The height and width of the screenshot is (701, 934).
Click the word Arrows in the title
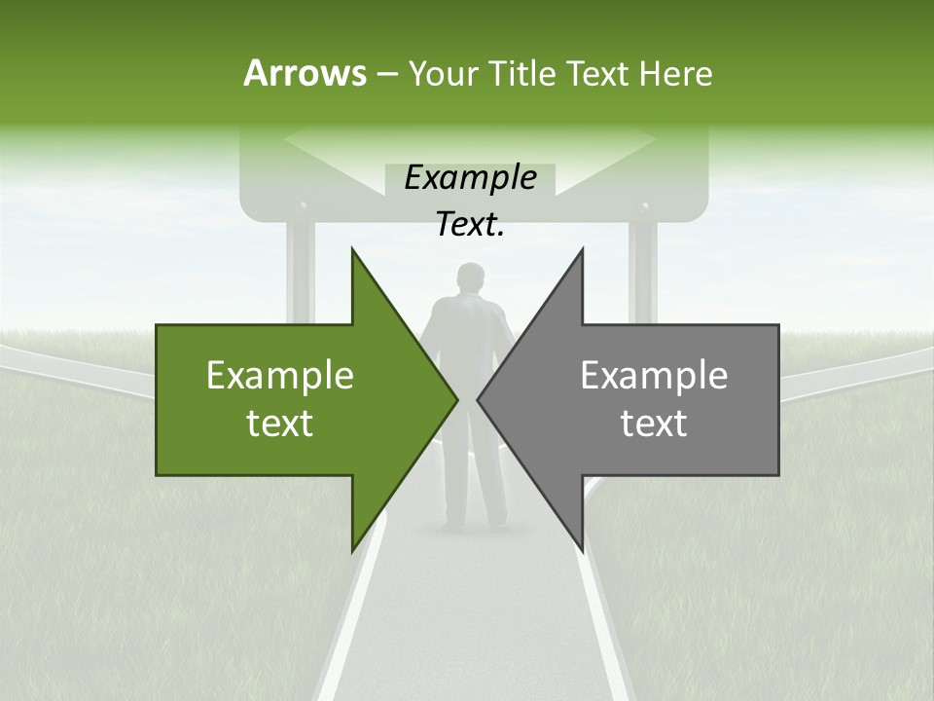[x=304, y=73]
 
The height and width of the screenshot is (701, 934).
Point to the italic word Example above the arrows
[x=470, y=177]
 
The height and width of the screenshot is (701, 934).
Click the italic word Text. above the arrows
[x=470, y=225]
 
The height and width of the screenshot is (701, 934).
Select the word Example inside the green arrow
[x=279, y=375]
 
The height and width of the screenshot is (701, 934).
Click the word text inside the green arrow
[x=279, y=423]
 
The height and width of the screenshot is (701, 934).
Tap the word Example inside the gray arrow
[x=654, y=375]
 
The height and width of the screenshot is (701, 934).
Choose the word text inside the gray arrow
[x=654, y=423]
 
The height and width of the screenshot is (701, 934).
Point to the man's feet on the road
[x=469, y=526]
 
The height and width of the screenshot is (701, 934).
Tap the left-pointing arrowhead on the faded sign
[x=292, y=141]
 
